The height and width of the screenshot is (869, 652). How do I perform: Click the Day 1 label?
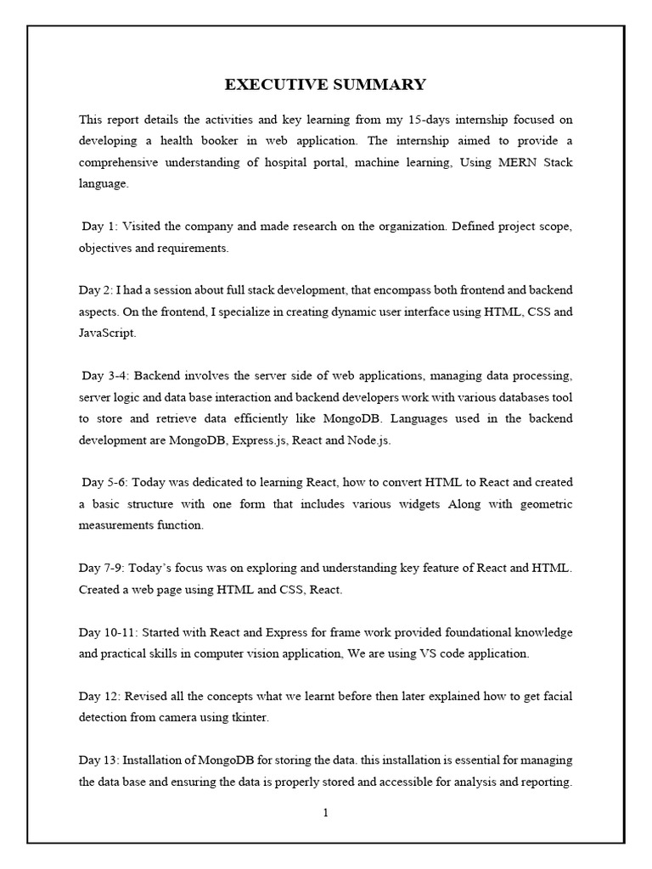[x=100, y=227]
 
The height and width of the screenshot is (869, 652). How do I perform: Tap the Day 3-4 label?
[x=105, y=375]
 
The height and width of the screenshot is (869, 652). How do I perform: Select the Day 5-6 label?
[x=105, y=482]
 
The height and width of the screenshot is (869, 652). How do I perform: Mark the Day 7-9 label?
[x=102, y=567]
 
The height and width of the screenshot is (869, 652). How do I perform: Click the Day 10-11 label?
[x=107, y=632]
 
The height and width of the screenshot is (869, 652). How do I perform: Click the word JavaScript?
[x=106, y=333]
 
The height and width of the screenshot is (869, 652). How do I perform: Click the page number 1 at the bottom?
[x=325, y=813]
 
